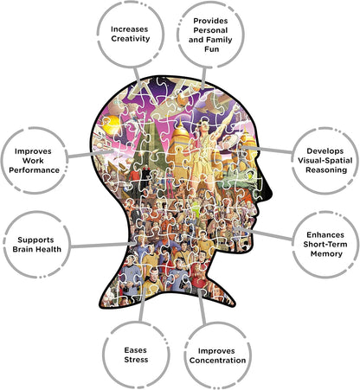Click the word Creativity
[131, 39]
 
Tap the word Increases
[130, 29]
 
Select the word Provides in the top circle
[210, 21]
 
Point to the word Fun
[212, 49]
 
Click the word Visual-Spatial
[325, 161]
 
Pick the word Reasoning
[326, 170]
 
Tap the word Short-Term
[325, 244]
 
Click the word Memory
[326, 254]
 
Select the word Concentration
[218, 361]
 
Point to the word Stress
[136, 360]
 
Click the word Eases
[136, 350]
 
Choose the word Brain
[23, 249]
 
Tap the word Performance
[34, 170]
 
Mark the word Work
[33, 161]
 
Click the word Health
[49, 249]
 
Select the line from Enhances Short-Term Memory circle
[263, 233]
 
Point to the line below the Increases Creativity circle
[138, 76]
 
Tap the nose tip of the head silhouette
[271, 193]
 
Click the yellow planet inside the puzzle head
[111, 125]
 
